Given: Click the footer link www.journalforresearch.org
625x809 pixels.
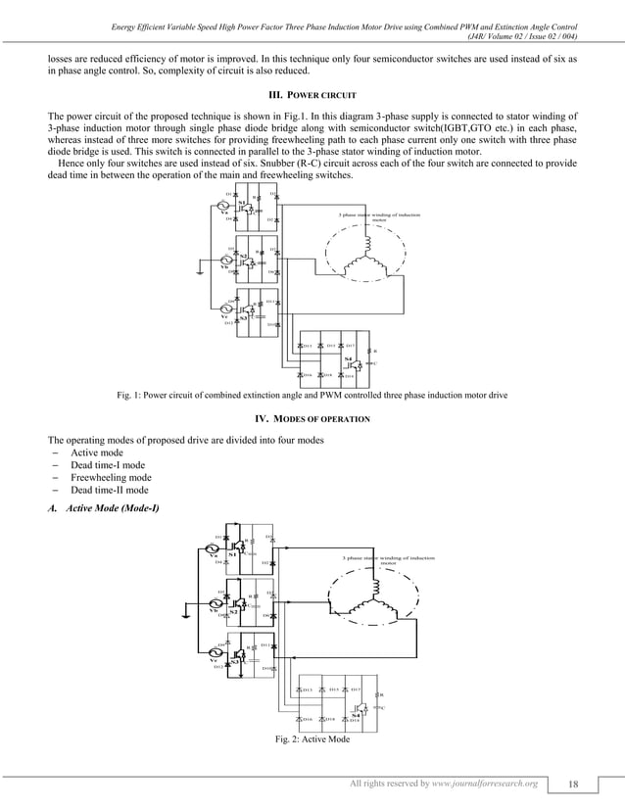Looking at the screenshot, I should click(479, 785).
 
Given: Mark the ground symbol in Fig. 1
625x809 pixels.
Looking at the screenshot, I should click(201, 272).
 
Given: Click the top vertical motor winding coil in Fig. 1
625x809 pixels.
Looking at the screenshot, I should click(368, 243).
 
